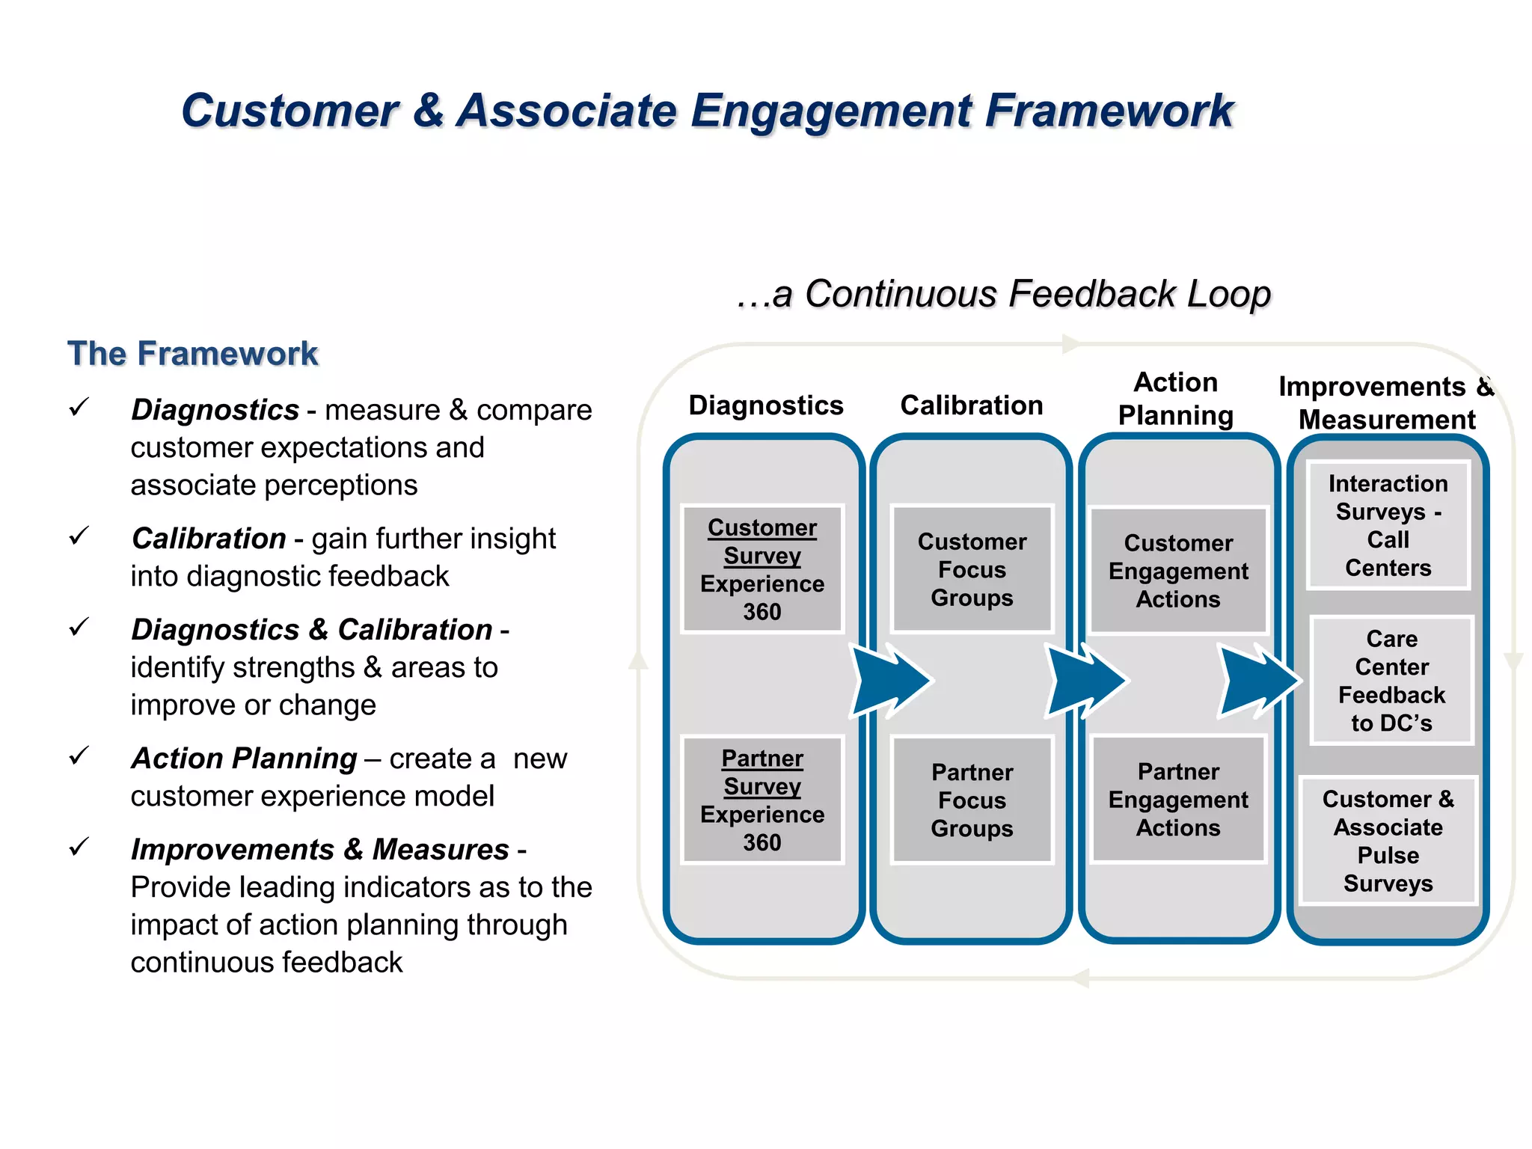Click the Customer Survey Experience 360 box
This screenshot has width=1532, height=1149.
tap(762, 569)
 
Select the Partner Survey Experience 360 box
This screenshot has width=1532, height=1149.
tap(762, 800)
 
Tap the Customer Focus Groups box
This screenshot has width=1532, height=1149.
tap(972, 569)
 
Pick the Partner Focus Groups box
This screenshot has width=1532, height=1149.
tap(972, 800)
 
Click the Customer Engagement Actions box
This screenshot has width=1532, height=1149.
tap(1178, 571)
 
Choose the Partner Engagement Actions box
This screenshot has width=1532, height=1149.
tap(1178, 800)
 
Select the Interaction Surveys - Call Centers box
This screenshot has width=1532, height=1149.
tap(1388, 525)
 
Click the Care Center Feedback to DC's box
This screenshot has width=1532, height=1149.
tap(1391, 681)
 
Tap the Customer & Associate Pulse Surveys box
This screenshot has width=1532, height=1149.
tap(1388, 841)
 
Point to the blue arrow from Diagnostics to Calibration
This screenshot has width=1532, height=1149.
tap(890, 680)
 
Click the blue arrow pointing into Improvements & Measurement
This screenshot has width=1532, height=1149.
tap(1258, 680)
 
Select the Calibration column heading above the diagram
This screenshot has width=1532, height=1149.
tap(972, 405)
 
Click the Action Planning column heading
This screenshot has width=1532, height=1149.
tap(1175, 399)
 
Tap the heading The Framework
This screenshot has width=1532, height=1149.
tap(193, 353)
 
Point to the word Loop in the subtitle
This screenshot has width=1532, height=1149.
tap(1229, 293)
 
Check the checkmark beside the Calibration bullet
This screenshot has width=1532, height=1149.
tap(79, 536)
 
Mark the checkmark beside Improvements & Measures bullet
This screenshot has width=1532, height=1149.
tap(79, 847)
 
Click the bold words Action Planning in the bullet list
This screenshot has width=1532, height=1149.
tap(245, 759)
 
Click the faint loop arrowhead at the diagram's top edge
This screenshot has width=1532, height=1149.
tap(1071, 344)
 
